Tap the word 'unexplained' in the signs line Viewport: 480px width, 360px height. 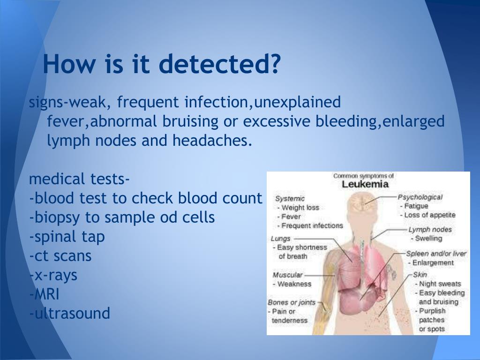(x=297, y=102)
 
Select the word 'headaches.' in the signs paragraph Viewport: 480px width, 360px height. (x=212, y=141)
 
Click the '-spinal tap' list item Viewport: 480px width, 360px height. (x=67, y=237)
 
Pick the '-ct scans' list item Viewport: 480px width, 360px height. (x=60, y=256)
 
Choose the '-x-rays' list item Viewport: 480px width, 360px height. (x=53, y=276)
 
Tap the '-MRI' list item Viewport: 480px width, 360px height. (x=44, y=294)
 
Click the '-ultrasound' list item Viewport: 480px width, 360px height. (x=69, y=313)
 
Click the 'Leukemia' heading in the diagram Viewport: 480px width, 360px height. (x=365, y=184)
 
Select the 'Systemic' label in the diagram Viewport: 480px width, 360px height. (x=290, y=199)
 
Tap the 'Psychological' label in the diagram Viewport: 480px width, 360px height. (x=420, y=197)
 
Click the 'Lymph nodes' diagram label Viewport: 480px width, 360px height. (x=430, y=230)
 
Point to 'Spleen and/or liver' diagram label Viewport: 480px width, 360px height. (x=436, y=254)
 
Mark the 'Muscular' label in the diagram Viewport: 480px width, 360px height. (x=287, y=275)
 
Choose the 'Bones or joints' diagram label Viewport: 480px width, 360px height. (x=292, y=302)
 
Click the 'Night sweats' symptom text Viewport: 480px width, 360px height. (x=440, y=284)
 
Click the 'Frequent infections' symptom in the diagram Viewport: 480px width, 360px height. (x=312, y=225)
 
